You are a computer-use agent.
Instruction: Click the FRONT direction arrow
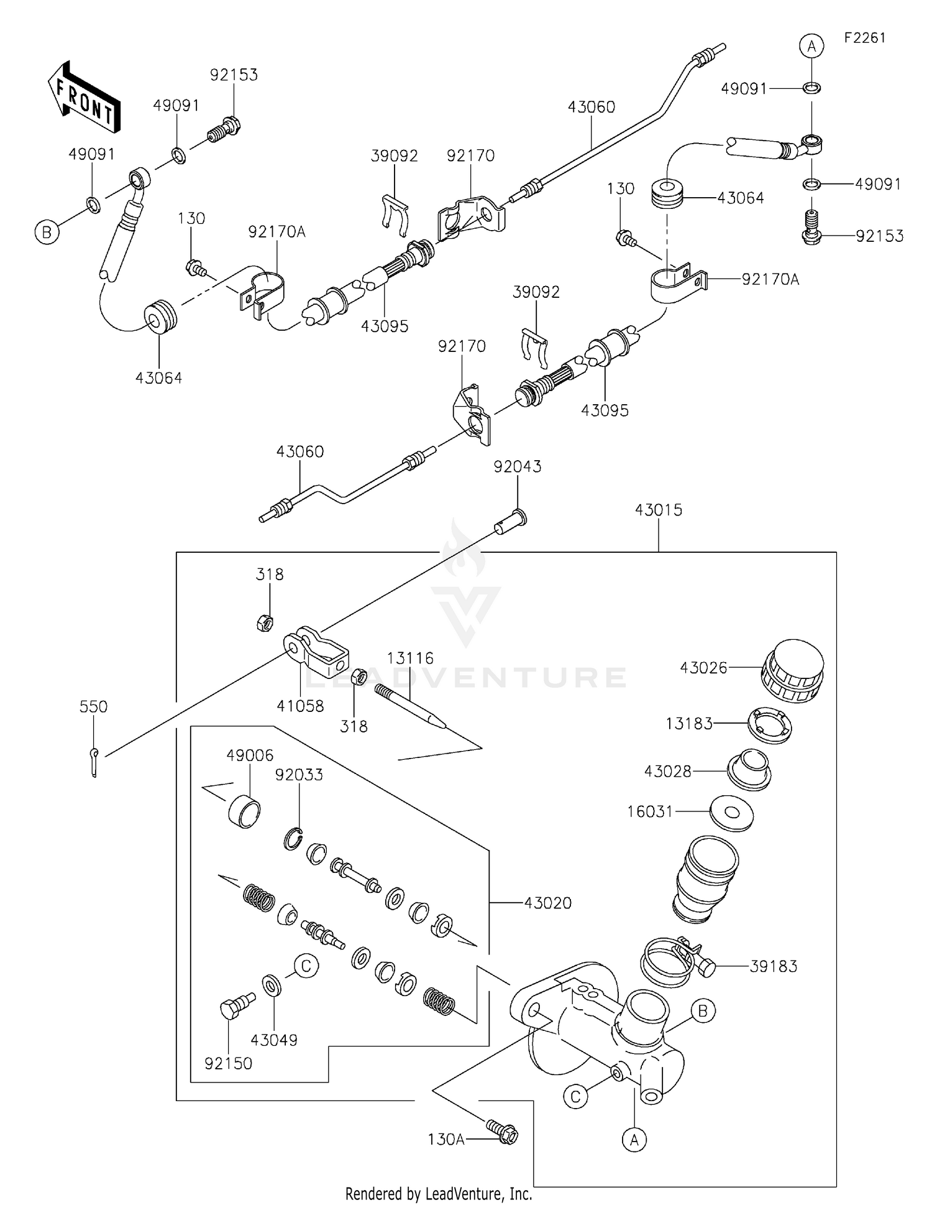click(x=84, y=98)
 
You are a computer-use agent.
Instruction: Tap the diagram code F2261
click(x=864, y=38)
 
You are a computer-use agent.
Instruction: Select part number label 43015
click(x=658, y=510)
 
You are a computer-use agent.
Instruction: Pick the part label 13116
click(x=410, y=658)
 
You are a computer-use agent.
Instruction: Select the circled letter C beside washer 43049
click(x=306, y=967)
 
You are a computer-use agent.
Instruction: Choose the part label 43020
click(x=547, y=903)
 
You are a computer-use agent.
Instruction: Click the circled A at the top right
click(x=811, y=46)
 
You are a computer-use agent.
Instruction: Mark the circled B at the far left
click(x=47, y=233)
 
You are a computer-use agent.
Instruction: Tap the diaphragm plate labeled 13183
click(x=769, y=726)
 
